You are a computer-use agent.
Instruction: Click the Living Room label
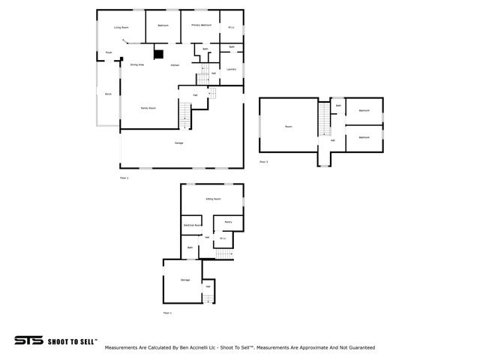point(121,28)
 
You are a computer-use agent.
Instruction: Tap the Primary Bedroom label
point(201,25)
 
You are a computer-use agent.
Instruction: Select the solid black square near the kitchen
point(158,53)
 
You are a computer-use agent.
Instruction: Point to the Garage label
point(179,142)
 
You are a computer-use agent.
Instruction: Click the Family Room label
point(148,108)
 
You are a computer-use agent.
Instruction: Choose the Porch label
point(108,94)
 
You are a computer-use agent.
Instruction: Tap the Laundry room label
point(232,70)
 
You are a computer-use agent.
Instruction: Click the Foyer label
point(109,52)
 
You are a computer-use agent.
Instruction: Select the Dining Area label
point(137,65)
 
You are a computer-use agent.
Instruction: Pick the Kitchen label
point(175,65)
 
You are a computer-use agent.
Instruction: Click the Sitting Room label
point(213,199)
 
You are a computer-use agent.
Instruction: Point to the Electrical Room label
point(193,225)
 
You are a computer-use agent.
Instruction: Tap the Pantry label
point(228,222)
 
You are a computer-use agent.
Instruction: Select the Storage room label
point(185,280)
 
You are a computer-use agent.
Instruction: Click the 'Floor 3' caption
point(263,162)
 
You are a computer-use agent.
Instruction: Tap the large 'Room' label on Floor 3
point(289,127)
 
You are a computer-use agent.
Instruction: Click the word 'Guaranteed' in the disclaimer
point(360,348)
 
